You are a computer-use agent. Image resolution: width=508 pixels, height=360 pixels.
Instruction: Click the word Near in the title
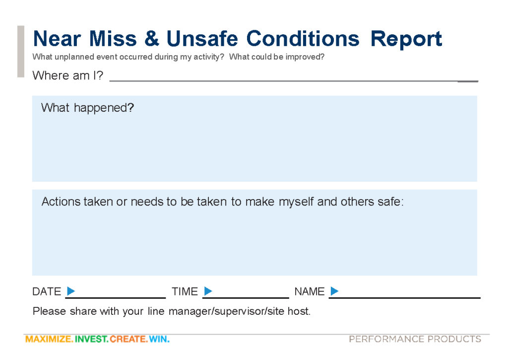pos(57,39)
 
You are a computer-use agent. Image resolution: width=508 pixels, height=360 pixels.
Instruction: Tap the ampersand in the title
pos(152,39)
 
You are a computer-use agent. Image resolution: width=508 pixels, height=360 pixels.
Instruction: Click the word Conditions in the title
pos(303,39)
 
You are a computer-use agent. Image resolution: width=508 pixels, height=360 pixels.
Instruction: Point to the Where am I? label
pos(67,75)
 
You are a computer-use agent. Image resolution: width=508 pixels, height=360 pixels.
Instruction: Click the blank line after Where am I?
pos(294,81)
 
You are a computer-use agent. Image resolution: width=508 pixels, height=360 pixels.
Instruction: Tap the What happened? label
pos(87,108)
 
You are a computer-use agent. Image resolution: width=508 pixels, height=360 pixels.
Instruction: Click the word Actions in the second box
pos(61,202)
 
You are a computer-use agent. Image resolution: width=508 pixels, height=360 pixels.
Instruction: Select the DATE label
pos(47,291)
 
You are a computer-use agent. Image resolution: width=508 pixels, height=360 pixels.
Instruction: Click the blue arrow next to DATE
pos(71,291)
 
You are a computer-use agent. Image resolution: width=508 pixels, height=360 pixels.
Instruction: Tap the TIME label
pos(185,291)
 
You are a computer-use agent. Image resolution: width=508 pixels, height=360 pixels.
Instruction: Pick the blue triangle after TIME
pos(208,291)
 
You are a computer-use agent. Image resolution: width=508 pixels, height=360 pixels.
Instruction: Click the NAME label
pos(310,291)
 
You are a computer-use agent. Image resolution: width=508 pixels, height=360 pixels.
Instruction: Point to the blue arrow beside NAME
pos(335,291)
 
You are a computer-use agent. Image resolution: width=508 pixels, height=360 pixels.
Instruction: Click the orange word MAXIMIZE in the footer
pos(49,339)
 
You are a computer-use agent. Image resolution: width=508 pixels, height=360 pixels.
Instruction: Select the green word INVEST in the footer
pos(91,339)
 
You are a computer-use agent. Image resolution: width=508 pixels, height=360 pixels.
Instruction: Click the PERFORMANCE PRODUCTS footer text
pos(415,339)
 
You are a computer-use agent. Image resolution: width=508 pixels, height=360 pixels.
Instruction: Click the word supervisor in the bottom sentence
pos(240,311)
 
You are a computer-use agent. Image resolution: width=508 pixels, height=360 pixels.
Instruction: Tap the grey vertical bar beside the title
pos(21,51)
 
